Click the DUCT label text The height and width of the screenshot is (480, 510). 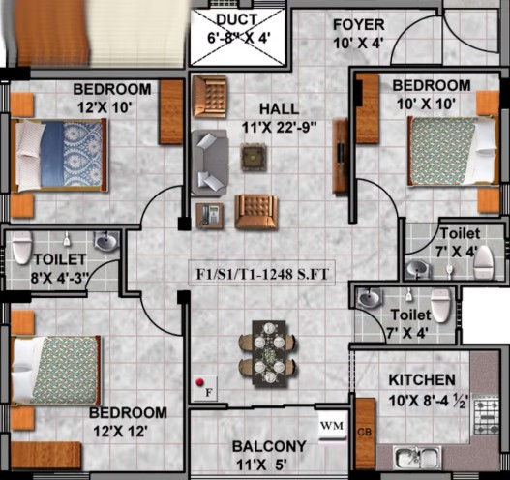(237, 19)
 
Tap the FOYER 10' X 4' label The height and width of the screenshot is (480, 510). (359, 34)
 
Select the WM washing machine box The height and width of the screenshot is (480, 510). (331, 426)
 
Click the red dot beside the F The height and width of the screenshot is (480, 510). (199, 382)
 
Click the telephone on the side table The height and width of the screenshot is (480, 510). (209, 215)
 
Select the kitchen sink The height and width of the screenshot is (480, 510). (417, 457)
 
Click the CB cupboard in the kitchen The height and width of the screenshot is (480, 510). (365, 434)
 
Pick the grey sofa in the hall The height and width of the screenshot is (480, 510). (209, 163)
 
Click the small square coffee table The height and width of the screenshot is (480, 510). (254, 158)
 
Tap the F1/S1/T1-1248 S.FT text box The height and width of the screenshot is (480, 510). (262, 273)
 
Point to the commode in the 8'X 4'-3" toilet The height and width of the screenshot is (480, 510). (22, 247)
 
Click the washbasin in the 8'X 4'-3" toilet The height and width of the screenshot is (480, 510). (105, 241)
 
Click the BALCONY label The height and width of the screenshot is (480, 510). (269, 446)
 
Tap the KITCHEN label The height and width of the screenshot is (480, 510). (422, 379)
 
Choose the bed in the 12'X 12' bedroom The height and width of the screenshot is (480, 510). (55, 370)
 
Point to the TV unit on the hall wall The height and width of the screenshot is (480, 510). (341, 156)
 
